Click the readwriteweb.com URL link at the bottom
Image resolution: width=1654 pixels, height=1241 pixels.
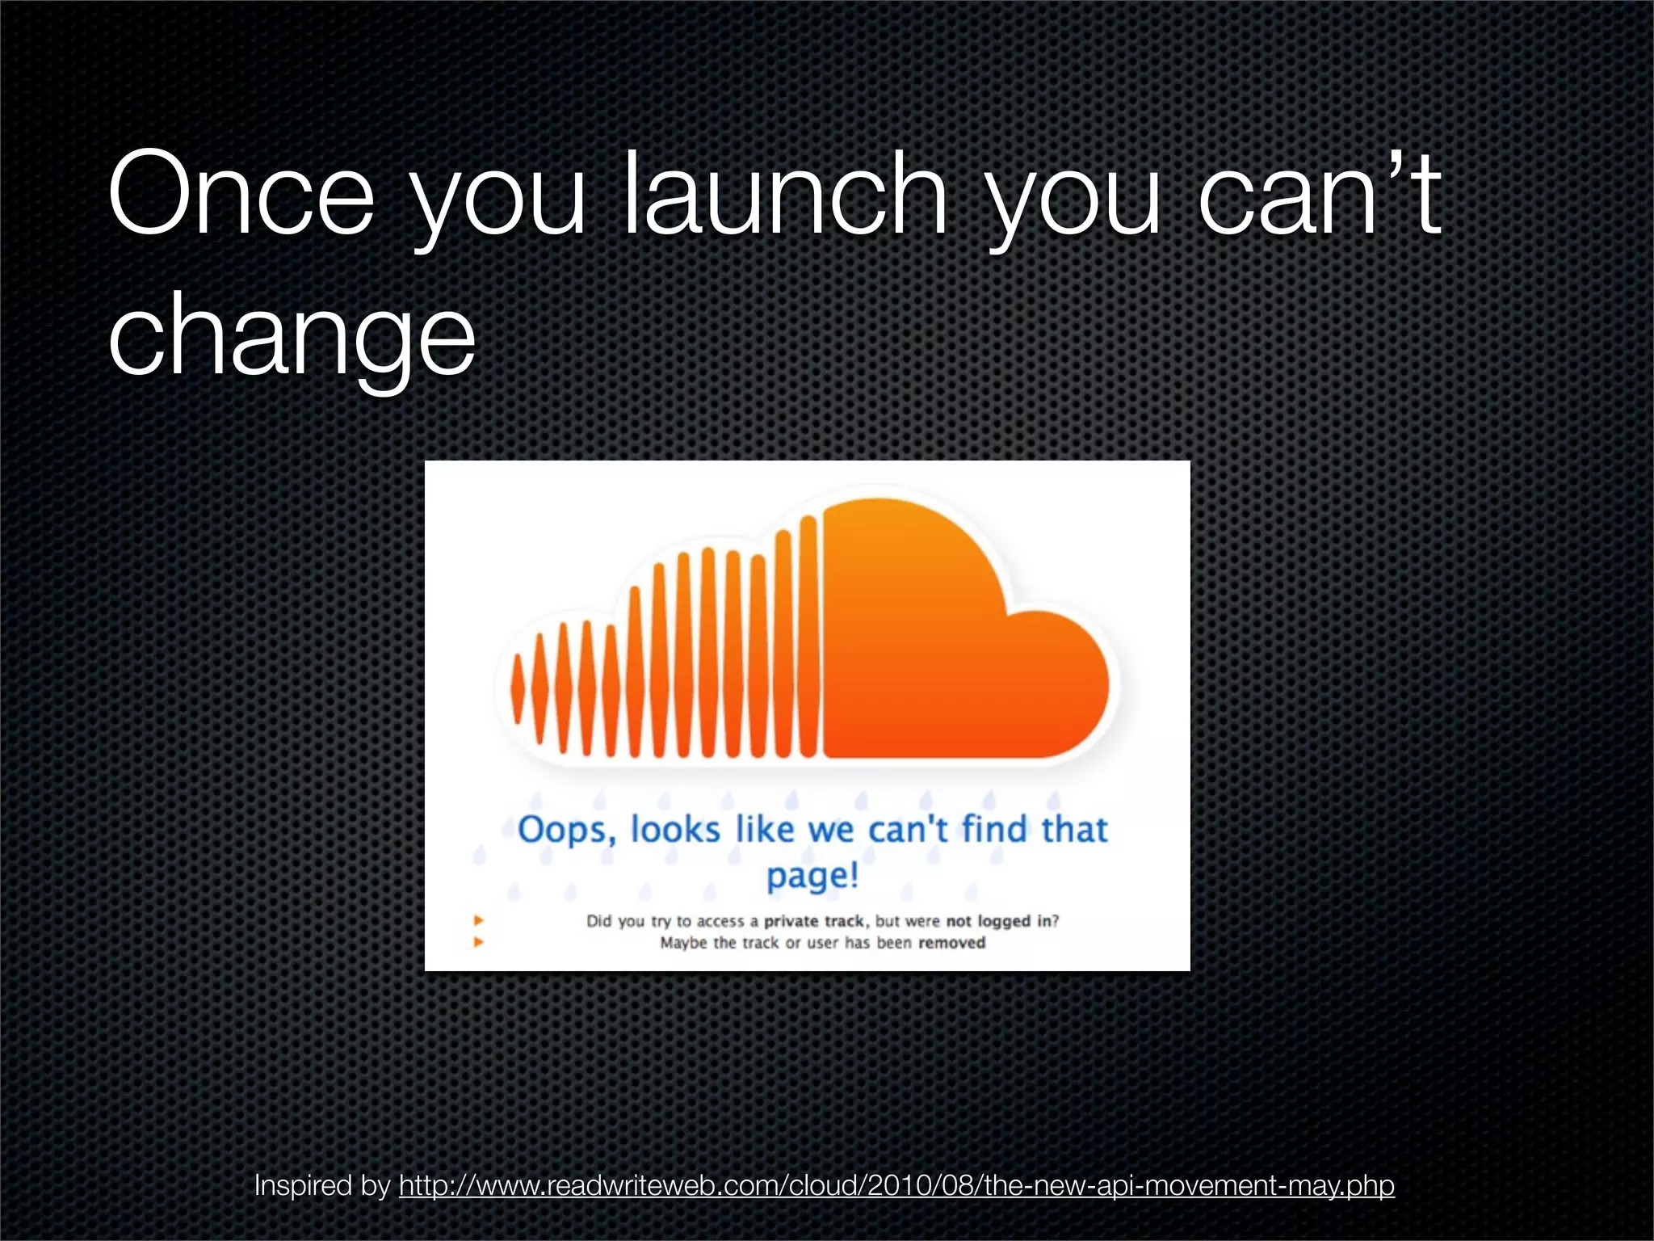coord(896,1185)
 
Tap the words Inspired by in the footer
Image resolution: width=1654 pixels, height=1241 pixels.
coord(322,1185)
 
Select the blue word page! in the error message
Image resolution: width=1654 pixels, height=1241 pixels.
coord(812,876)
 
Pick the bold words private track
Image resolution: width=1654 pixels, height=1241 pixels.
coord(815,921)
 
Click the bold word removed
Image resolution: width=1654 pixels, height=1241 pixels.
coord(951,943)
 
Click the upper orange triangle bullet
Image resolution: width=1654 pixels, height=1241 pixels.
coord(479,920)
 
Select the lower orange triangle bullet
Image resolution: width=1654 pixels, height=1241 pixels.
coord(479,942)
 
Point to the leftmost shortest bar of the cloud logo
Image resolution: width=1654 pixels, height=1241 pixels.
coord(518,689)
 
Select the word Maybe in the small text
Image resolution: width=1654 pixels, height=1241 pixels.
coord(683,943)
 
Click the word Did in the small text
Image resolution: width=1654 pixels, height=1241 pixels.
coord(598,921)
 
